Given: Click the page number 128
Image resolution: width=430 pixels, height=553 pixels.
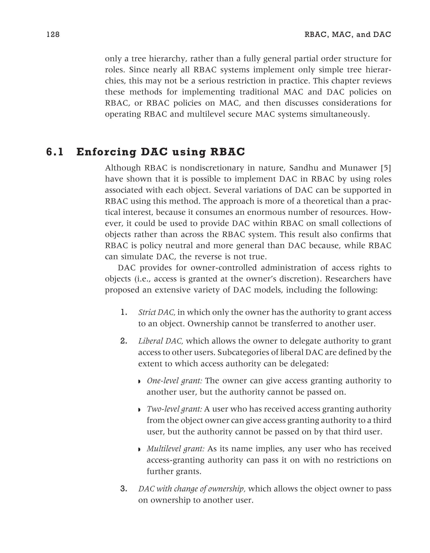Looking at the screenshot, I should tap(53, 34).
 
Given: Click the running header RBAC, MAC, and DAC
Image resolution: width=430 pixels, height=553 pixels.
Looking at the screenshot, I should tap(347, 34).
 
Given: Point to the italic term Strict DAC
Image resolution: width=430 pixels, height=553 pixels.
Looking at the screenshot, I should tap(157, 313).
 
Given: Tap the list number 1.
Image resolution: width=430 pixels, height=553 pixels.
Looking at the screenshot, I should tap(124, 313).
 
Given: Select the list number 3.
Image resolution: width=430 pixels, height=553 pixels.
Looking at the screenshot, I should tap(124, 489).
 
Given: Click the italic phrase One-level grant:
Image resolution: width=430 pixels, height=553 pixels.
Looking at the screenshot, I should tap(174, 381).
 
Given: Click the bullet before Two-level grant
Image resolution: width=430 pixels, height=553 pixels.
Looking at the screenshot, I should tap(139, 410).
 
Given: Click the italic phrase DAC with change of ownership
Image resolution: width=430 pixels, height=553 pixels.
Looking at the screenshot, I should tap(191, 489).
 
